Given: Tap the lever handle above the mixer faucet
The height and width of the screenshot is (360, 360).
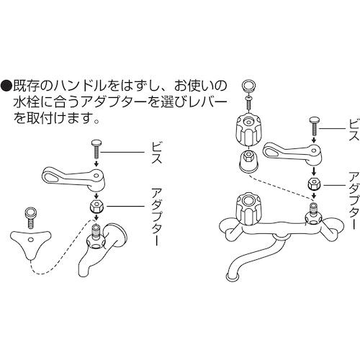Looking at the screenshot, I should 288,153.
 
